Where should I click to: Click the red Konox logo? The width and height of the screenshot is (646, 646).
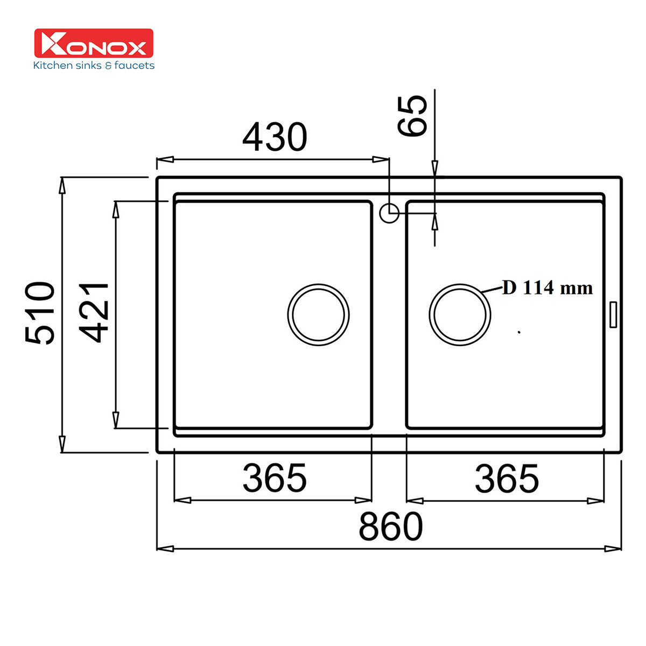point(94,43)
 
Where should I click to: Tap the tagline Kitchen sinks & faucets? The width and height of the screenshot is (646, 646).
point(94,66)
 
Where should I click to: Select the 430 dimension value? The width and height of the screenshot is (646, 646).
point(275,137)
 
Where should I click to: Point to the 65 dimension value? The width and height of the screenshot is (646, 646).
point(413,116)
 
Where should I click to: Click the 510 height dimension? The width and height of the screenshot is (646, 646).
point(40,313)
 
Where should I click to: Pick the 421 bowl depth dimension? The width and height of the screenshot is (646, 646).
point(96,313)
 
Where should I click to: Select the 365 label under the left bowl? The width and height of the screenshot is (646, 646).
point(275,478)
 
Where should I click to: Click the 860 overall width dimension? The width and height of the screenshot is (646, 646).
point(391,527)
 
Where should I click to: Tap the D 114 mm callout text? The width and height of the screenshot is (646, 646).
point(547,288)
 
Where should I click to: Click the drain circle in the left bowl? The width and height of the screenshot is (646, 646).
point(318,315)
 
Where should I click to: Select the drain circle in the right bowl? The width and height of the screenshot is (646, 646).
point(460,315)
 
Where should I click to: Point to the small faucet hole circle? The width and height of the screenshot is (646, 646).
point(389,213)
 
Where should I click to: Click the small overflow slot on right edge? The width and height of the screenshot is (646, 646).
point(613,315)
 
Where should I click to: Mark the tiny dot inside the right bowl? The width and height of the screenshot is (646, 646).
point(519,333)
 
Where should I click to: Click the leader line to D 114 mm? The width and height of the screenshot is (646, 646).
point(494,291)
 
